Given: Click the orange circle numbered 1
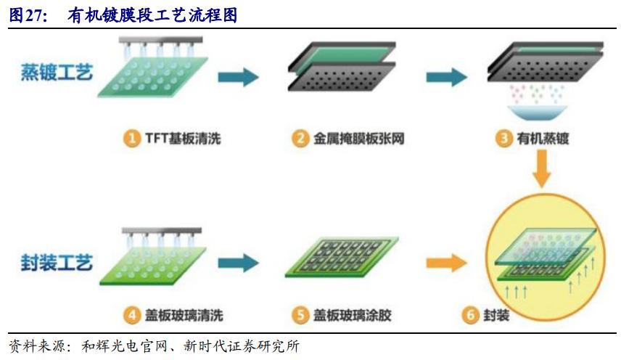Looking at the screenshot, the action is click(x=131, y=138).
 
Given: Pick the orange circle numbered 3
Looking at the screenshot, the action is click(x=504, y=138).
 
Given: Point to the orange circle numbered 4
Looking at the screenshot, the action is click(x=131, y=316).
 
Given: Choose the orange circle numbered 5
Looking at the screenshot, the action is click(x=301, y=316).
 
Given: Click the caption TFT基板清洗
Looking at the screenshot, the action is click(x=177, y=138).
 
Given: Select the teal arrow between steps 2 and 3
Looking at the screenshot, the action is click(x=445, y=78).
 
